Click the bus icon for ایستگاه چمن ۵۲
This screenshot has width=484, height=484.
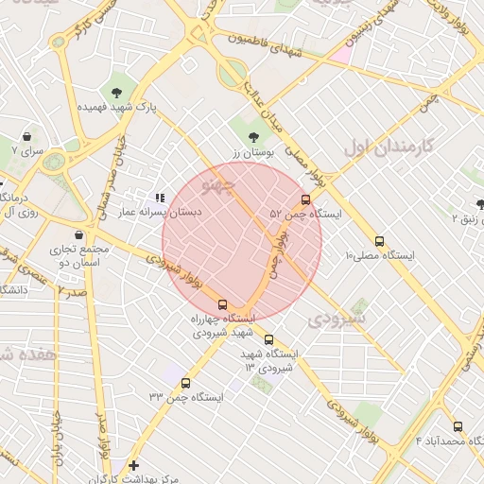point(305,199)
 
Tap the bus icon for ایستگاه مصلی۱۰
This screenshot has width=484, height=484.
point(380,241)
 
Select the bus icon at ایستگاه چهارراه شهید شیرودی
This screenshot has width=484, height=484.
point(222,305)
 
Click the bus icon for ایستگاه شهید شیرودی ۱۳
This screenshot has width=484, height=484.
point(269,339)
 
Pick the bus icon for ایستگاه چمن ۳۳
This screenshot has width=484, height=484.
point(184,384)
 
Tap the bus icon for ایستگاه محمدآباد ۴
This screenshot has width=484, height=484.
point(458,426)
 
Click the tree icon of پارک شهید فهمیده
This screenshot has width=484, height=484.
point(116,92)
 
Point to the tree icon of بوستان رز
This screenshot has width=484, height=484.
point(252,137)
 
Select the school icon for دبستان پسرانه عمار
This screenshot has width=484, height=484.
point(160,198)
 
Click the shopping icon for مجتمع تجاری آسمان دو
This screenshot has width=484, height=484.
point(78,235)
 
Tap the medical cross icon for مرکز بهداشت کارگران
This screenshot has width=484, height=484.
point(133,465)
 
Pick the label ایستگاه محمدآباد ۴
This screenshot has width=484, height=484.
point(448,441)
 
